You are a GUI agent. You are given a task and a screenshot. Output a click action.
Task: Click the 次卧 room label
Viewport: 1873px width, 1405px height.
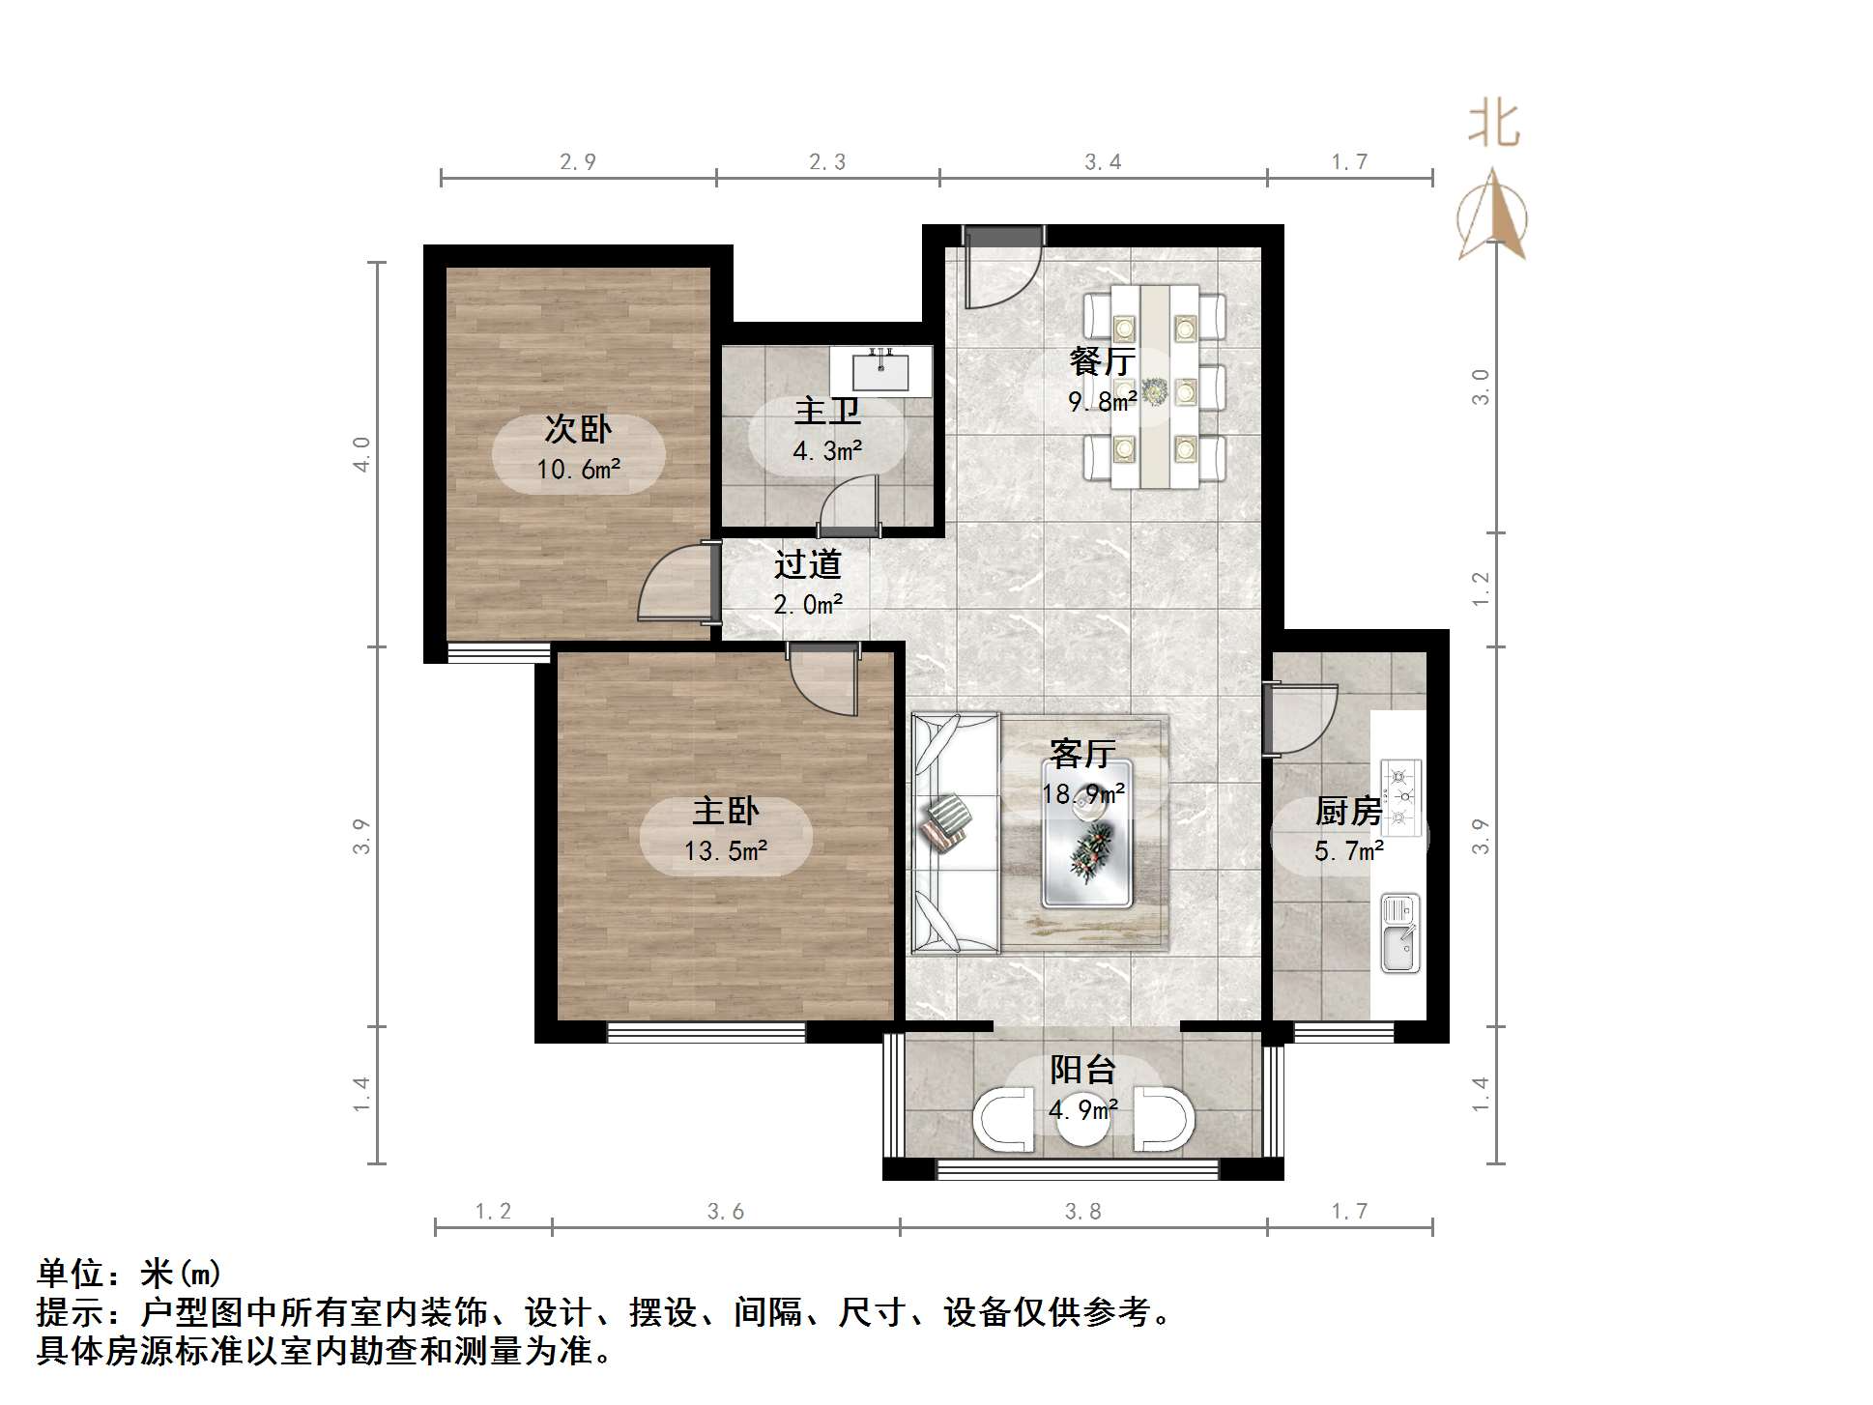578,428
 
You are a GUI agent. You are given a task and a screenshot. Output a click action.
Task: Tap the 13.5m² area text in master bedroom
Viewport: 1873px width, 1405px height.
726,851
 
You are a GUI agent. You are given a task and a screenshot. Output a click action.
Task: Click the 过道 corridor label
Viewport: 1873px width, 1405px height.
808,563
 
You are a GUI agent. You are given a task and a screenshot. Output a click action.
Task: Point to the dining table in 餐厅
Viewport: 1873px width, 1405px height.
1154,387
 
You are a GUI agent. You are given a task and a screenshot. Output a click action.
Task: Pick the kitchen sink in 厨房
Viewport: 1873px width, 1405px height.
1399,932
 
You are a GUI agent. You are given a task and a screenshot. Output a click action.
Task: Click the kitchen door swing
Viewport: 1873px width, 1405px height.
1300,720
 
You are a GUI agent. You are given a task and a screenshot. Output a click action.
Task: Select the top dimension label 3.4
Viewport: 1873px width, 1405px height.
1103,161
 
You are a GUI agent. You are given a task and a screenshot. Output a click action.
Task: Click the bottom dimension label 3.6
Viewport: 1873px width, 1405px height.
725,1211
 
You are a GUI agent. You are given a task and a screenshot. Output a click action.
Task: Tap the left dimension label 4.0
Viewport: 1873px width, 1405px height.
361,454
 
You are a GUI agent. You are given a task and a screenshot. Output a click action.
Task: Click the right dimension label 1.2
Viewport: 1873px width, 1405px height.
1481,589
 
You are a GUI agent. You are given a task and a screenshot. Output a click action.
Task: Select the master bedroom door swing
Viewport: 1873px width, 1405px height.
823,680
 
